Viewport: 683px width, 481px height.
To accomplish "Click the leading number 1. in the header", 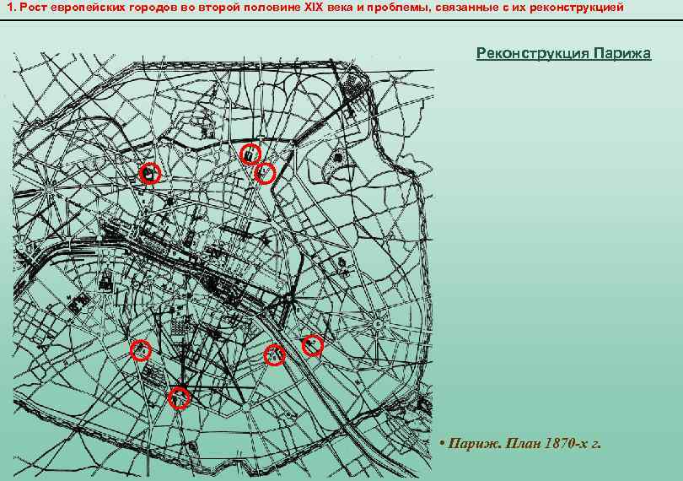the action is tap(13, 8).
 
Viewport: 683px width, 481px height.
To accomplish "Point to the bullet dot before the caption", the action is tap(442, 444).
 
